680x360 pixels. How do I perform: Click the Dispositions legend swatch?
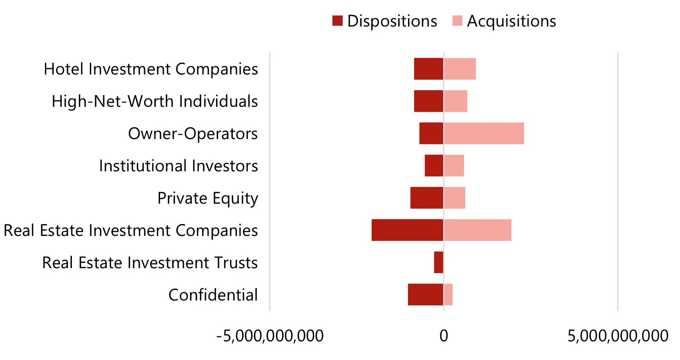click(337, 21)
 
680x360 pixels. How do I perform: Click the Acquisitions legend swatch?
click(457, 21)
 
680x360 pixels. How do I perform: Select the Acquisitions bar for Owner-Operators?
click(484, 133)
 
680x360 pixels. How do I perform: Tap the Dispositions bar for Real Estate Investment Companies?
click(407, 230)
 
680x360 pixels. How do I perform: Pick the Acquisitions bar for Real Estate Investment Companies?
click(477, 230)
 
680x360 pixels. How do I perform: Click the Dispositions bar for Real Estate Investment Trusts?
click(439, 262)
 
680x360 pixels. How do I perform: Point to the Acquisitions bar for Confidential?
click(448, 295)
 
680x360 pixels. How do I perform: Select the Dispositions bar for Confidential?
click(426, 295)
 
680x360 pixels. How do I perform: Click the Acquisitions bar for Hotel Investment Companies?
click(460, 69)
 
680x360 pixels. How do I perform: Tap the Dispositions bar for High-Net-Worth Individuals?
click(428, 101)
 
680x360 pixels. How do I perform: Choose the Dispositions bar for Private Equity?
click(427, 198)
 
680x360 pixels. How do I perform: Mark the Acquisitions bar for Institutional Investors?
click(454, 166)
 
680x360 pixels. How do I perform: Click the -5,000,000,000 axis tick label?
click(270, 336)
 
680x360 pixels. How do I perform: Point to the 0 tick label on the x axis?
click(444, 336)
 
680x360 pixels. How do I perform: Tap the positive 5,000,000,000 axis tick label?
click(618, 336)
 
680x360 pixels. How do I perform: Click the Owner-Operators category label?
click(193, 133)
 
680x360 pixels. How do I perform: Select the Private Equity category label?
click(207, 198)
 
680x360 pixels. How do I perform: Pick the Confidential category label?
click(213, 295)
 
